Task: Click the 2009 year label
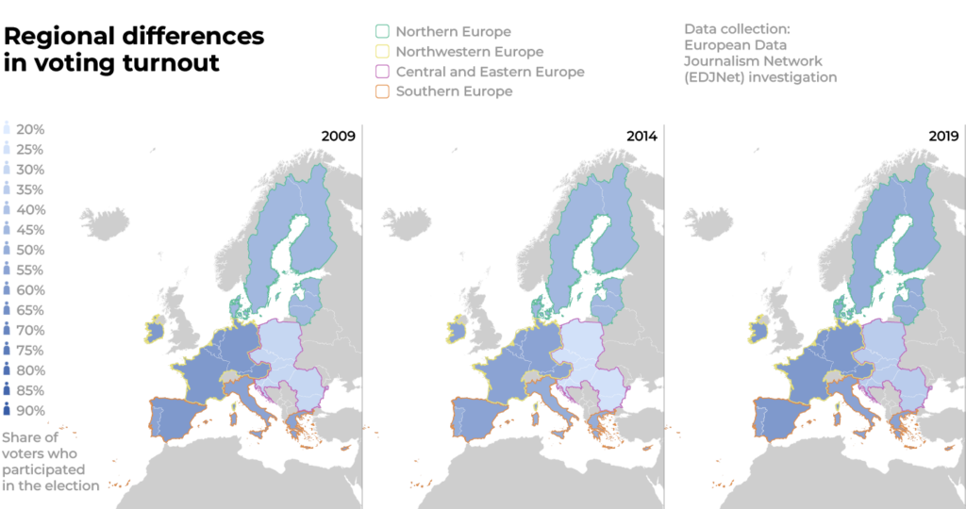338,137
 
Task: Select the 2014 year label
641,137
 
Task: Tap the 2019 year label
942,137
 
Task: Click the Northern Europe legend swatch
382,32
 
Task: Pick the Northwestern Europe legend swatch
382,52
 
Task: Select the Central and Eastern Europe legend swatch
382,72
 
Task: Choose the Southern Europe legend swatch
382,91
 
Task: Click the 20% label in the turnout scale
30,130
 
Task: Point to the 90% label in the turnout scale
30,410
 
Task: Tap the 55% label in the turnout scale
30,271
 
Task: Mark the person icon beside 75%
8,350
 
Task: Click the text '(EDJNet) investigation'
760,77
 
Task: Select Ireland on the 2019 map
758,332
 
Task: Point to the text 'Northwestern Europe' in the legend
470,52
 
